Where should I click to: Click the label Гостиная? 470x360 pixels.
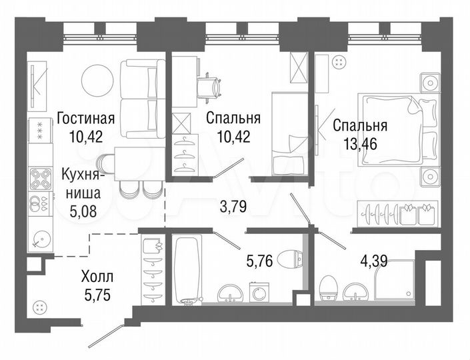pos(85,119)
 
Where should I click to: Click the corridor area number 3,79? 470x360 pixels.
pos(233,207)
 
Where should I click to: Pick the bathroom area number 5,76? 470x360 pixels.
pos(259,262)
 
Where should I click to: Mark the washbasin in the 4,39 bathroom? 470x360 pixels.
pos(354,290)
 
